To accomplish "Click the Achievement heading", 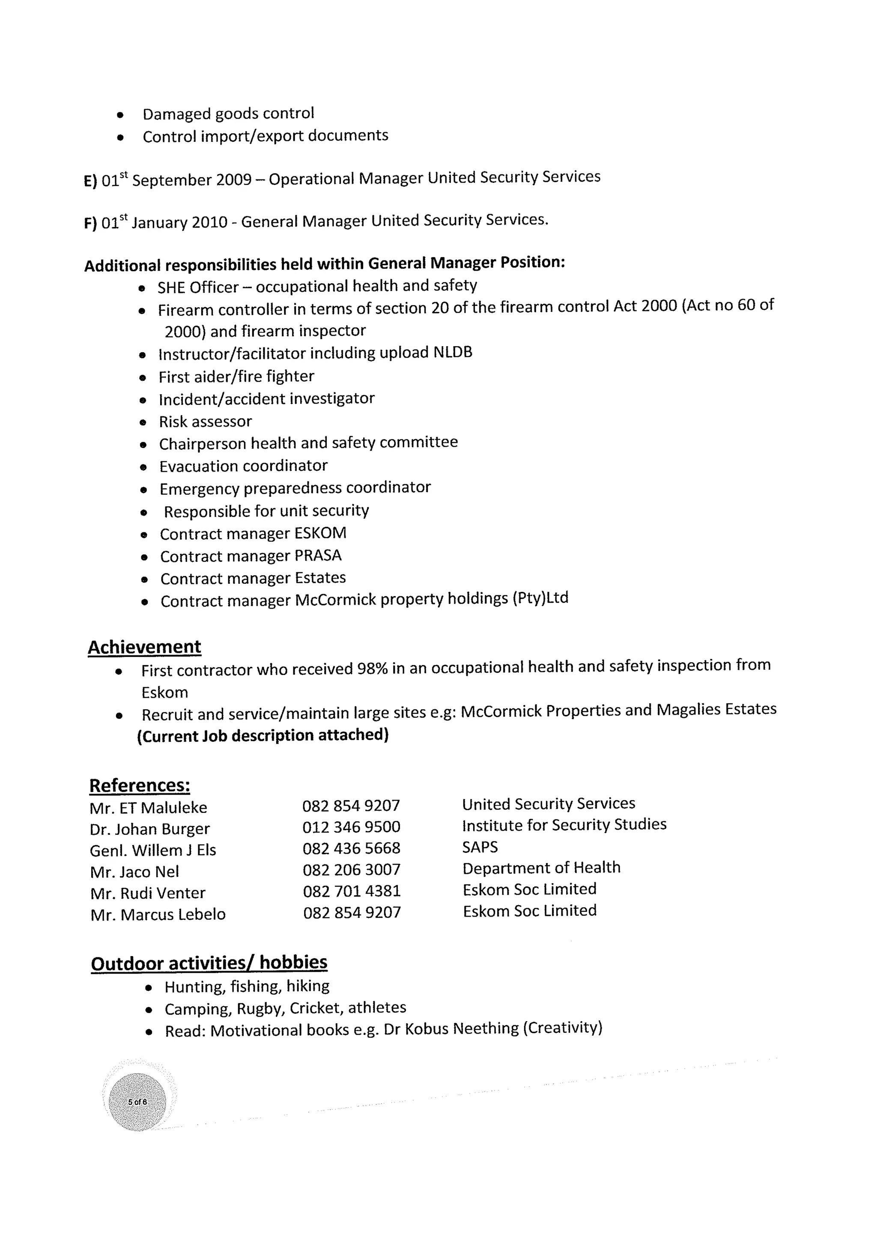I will coord(144,647).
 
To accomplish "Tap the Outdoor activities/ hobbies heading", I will coord(209,963).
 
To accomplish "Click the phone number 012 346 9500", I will coord(351,827).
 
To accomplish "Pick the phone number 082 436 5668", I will coord(351,848).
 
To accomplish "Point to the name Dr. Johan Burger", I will coord(149,829).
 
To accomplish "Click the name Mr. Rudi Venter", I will coord(148,893).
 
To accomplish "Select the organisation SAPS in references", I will coord(480,847).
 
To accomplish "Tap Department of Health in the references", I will coord(541,868).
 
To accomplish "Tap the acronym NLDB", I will coord(453,352).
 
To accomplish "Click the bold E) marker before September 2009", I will coord(90,180).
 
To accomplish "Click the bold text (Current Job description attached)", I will coord(263,735).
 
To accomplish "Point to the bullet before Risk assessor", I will coord(143,423).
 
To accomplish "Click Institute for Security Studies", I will coord(564,825).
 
